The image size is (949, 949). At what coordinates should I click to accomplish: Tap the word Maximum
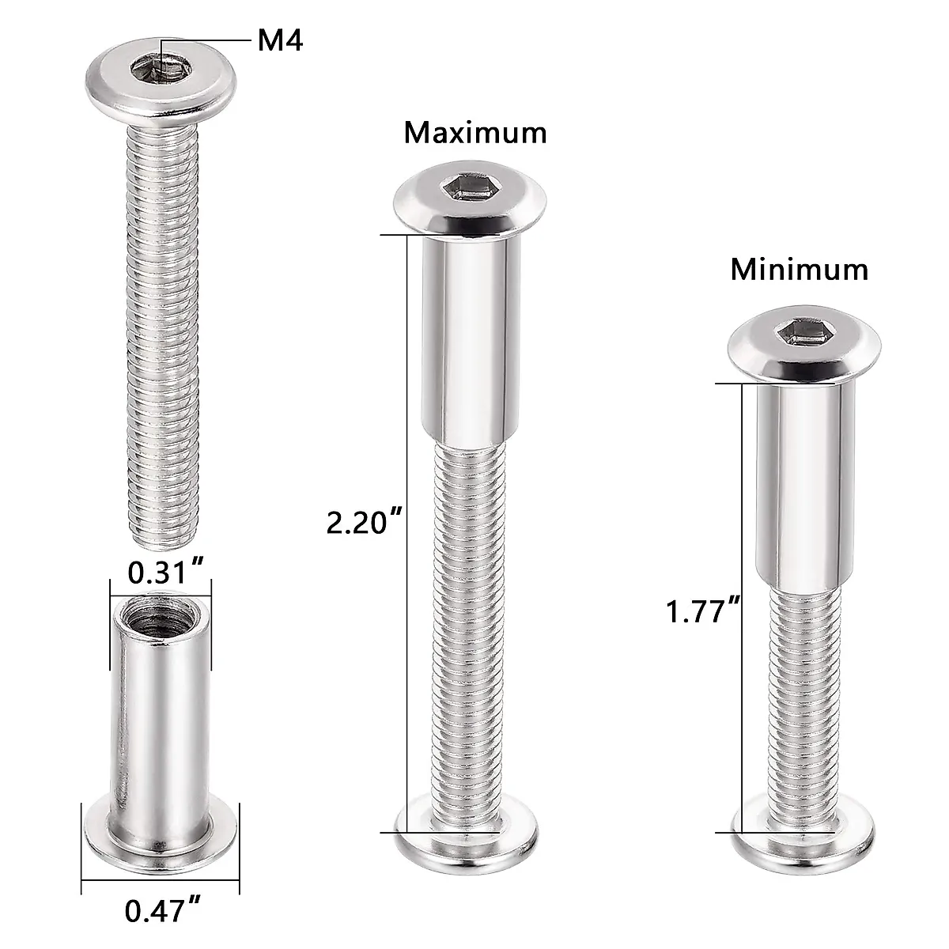click(x=475, y=132)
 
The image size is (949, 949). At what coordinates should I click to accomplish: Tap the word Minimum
click(x=799, y=270)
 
